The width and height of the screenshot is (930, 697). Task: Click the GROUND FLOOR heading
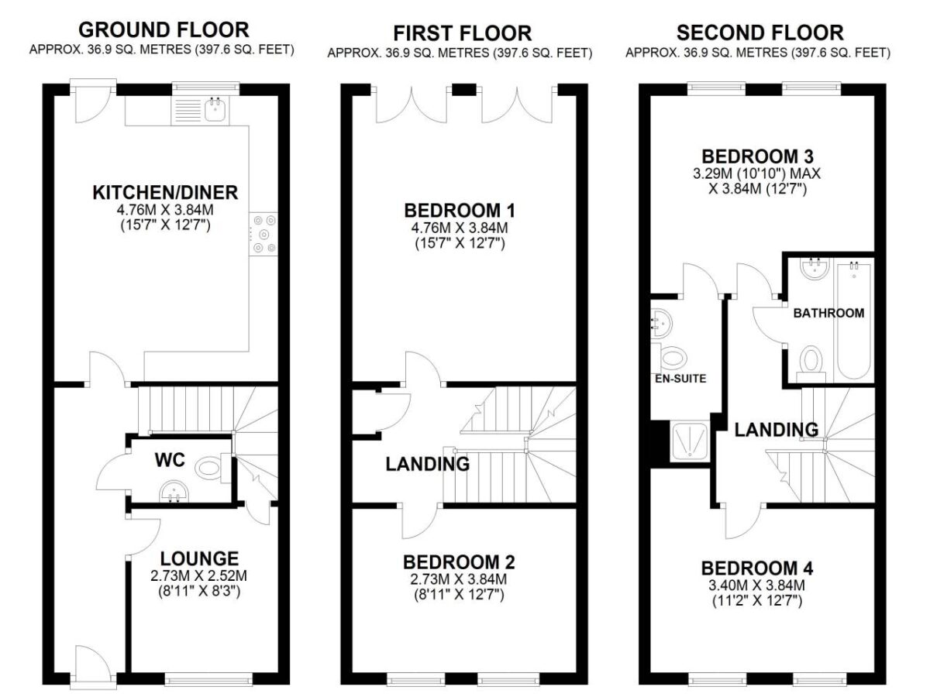164,30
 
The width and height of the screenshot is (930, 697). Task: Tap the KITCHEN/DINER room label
165,193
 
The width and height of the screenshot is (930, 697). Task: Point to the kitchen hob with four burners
263,234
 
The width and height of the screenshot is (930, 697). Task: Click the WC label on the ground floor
170,460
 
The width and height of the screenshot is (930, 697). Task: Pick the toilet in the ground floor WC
212,469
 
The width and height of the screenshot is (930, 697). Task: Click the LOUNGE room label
199,559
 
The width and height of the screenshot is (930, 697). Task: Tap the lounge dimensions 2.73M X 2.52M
198,576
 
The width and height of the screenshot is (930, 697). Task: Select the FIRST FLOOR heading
462,33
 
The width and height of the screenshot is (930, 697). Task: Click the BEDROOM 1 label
460,211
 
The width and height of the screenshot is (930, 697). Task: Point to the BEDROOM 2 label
459,562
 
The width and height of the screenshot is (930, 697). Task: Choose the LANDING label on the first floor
428,464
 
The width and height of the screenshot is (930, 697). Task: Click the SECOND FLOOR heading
760,33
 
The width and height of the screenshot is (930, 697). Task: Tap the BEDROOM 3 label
757,156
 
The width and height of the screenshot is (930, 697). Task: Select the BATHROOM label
828,313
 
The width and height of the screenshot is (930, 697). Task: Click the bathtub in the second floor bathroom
854,321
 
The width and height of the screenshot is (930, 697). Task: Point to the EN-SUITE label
680,379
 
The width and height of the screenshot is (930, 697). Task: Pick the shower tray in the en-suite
691,441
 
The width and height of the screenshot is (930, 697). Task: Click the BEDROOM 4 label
757,568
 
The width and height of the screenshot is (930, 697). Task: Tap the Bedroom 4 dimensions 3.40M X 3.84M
756,585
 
